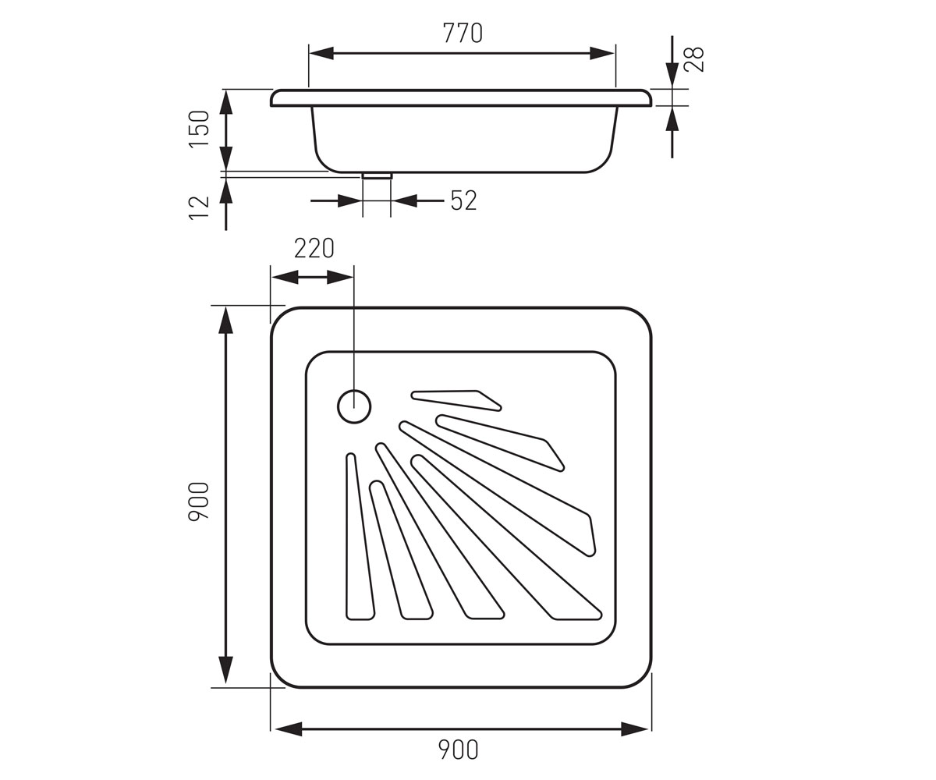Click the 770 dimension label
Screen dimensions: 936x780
click(x=463, y=33)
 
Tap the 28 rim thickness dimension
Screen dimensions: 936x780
click(x=694, y=59)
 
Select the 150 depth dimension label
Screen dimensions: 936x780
click(x=199, y=129)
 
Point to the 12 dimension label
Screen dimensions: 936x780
click(x=199, y=207)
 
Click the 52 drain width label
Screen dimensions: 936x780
click(x=463, y=200)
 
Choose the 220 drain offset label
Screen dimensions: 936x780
click(x=314, y=248)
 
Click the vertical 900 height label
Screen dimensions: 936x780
click(x=199, y=502)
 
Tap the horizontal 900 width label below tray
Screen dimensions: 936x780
click(x=458, y=750)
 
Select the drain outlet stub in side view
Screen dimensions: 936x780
click(x=377, y=175)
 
